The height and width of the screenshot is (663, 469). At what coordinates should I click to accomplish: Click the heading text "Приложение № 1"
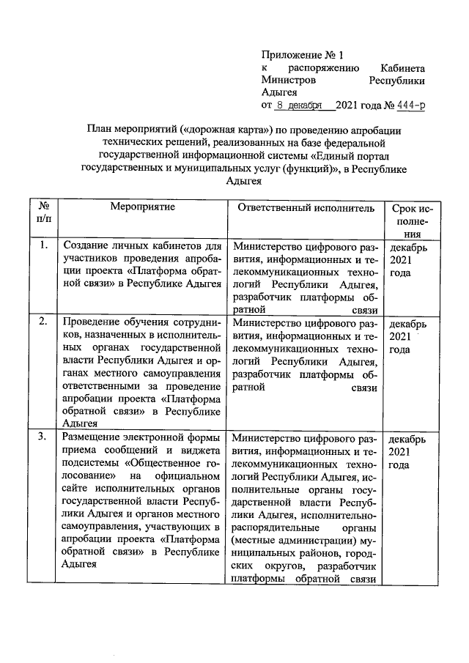303,55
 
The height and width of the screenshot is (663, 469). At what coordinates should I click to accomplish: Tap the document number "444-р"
410,105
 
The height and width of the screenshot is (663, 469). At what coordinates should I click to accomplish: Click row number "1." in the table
44,246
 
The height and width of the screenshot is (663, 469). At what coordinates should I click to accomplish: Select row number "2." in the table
44,321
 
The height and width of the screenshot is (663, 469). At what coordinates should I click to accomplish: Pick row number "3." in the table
44,437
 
